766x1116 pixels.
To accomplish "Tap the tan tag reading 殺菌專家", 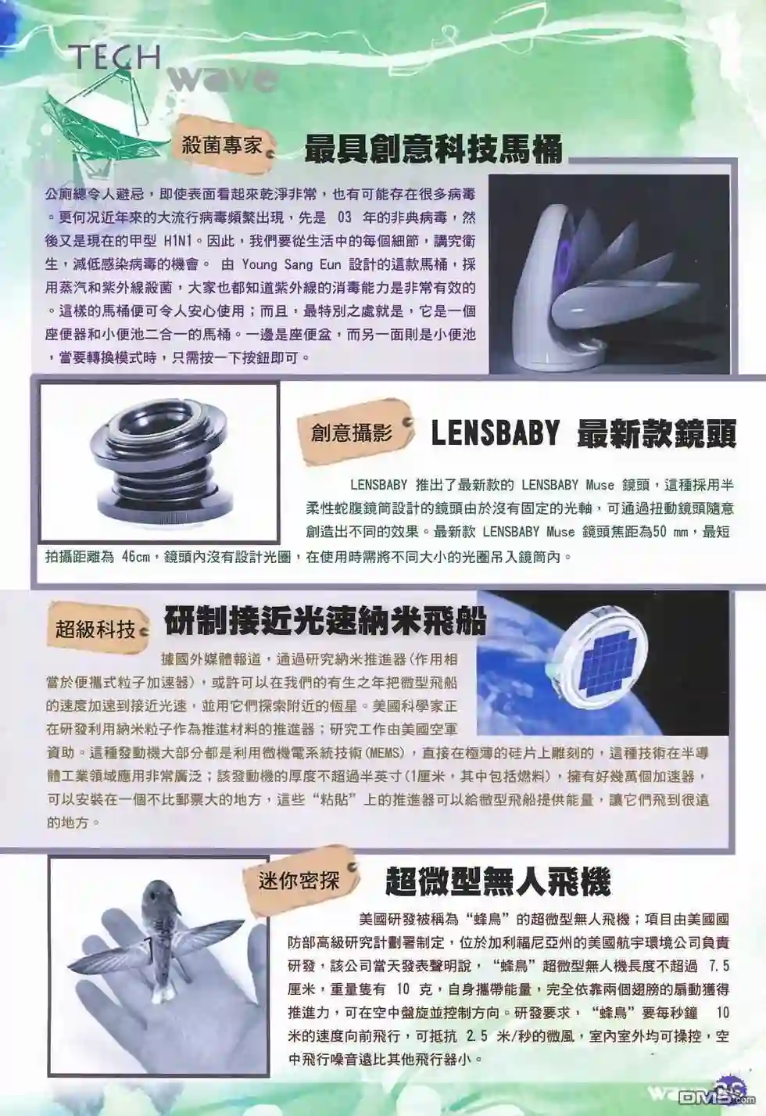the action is (222, 145).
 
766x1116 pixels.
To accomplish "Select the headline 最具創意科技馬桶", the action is (433, 149).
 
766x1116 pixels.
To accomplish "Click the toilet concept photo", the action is (609, 274).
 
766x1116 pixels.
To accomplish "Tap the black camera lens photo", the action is (159, 462).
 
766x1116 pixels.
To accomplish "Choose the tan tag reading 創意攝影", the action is (354, 432).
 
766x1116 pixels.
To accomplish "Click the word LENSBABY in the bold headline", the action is (496, 434).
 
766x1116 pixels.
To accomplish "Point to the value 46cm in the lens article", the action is (135, 557).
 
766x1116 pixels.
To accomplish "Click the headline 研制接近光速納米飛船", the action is (324, 621).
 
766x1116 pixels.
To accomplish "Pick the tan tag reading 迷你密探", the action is (302, 881).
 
